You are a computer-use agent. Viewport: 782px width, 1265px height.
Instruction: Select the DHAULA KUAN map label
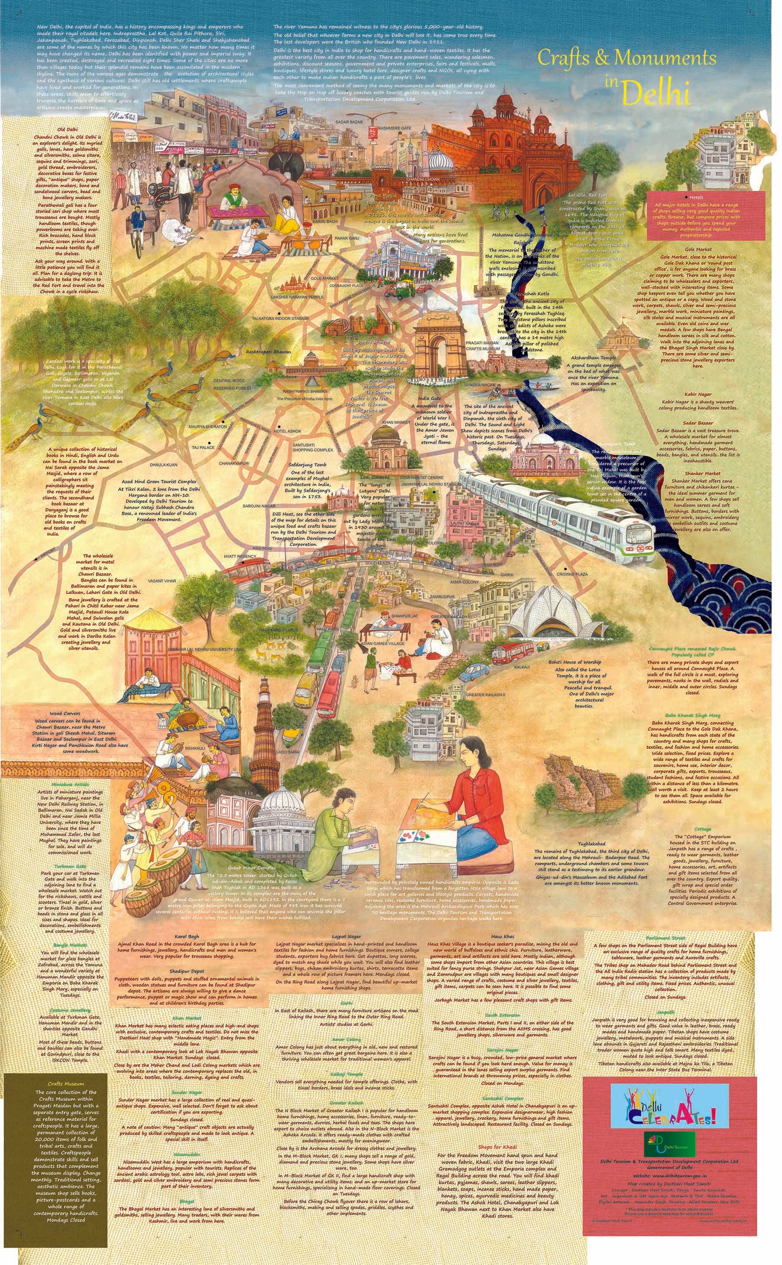[163, 465]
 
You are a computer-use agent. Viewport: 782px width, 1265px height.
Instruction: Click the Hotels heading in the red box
[696, 198]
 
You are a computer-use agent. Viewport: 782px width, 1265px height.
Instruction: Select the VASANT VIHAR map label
[162, 582]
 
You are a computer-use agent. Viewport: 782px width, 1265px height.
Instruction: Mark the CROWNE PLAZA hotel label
[572, 574]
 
